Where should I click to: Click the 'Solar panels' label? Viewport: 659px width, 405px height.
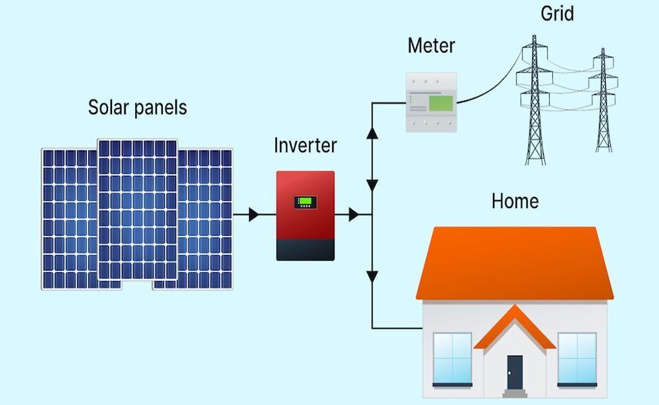137,107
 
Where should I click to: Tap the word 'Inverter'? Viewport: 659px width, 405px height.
305,146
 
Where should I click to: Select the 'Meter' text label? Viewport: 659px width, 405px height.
431,46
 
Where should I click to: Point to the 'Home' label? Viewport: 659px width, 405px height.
515,201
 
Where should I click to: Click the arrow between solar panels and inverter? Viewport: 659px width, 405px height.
254,214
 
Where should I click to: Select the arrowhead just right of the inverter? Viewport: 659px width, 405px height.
354,214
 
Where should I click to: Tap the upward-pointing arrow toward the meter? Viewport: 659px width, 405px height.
372,133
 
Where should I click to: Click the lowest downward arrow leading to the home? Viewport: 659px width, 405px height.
372,277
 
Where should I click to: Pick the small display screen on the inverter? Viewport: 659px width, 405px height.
304,202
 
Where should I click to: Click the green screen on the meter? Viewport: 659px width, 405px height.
440,103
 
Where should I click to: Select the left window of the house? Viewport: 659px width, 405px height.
452,359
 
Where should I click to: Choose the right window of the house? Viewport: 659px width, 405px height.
577,359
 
